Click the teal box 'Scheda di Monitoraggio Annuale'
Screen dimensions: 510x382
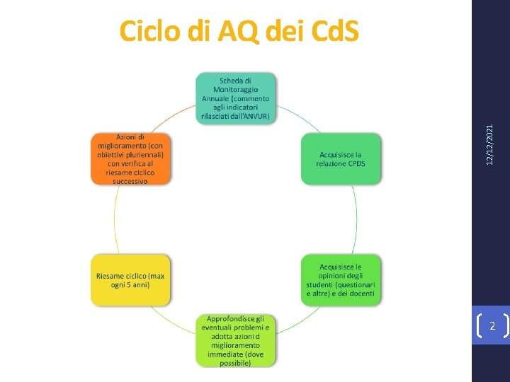[236, 98]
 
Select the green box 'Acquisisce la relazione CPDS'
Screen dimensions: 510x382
[341, 159]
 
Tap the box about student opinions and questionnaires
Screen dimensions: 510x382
[341, 280]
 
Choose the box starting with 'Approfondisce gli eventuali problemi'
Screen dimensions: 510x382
[236, 340]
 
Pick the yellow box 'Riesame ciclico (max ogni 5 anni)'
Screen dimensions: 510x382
[130, 280]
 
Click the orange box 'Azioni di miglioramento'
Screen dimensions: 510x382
[130, 159]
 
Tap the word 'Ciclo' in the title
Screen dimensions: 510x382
[147, 31]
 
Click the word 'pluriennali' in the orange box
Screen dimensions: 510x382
[144, 154]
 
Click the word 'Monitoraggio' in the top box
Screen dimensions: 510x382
[236, 90]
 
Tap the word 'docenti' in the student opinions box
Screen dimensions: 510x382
[363, 293]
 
